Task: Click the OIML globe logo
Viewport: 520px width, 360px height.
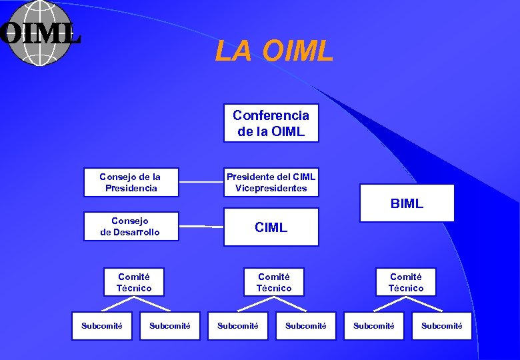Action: pos(40,33)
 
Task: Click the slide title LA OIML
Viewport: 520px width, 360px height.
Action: pos(273,51)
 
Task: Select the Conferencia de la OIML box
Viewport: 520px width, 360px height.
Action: pos(271,123)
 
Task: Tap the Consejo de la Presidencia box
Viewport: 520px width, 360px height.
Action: pos(131,182)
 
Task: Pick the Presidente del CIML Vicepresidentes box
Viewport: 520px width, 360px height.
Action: pos(271,182)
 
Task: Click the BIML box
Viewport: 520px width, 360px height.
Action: pos(407,203)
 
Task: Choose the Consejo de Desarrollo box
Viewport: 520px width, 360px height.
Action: pos(131,226)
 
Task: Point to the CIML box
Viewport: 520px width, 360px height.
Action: pos(271,227)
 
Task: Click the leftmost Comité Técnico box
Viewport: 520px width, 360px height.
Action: pos(134,282)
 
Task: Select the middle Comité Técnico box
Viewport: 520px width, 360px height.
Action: pos(274,282)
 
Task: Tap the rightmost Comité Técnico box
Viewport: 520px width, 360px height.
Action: pos(406,282)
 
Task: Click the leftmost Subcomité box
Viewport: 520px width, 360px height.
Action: pos(102,326)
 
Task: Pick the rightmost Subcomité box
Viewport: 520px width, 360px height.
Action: pos(441,326)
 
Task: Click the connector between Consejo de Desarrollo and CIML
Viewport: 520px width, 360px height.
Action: pos(201,227)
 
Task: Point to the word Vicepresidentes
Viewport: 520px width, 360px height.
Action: pos(271,188)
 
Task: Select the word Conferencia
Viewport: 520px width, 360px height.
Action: pos(271,115)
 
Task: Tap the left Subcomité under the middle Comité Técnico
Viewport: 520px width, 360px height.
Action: pos(238,326)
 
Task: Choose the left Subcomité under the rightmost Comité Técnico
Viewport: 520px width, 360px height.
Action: pos(373,326)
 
